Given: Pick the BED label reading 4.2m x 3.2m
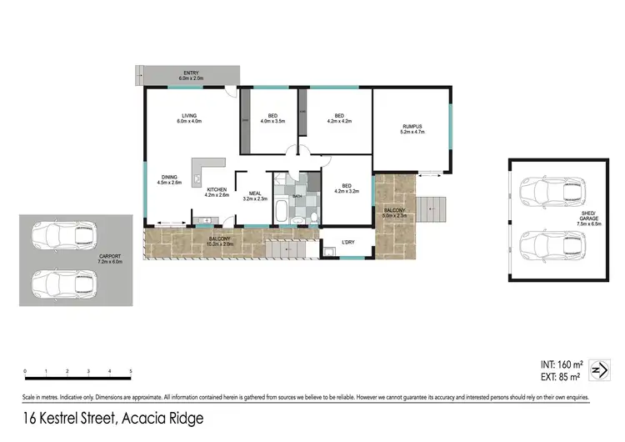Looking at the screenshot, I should click(x=339, y=188).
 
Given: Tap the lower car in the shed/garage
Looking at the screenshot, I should click(x=548, y=247).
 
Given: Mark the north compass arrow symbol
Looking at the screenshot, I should click(x=597, y=369).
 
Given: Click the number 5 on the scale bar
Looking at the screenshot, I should click(x=131, y=371).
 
